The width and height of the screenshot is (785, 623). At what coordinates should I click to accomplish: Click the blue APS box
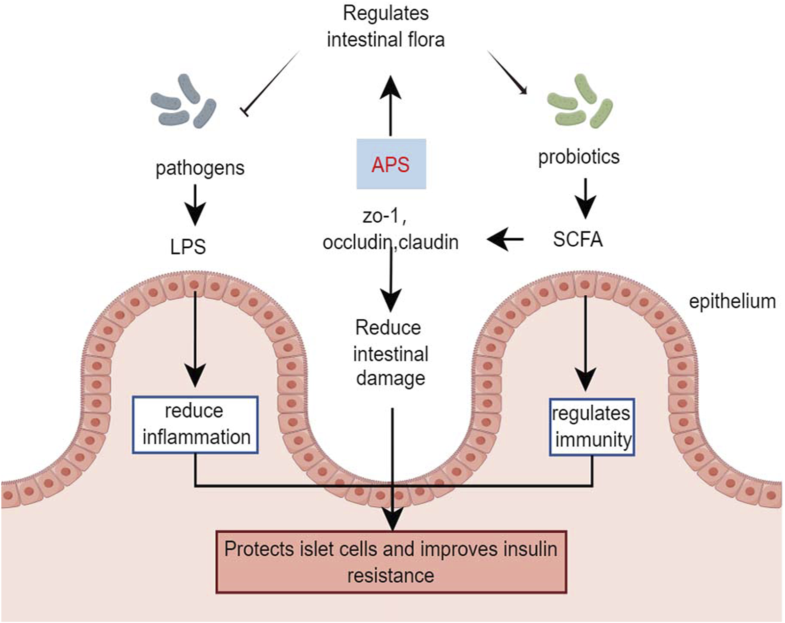tap(392, 164)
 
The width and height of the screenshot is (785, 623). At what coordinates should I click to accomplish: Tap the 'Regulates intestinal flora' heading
tap(386, 26)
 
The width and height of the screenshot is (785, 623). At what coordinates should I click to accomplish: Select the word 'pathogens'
tap(200, 169)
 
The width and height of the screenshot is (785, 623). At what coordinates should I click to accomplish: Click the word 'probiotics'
tap(579, 157)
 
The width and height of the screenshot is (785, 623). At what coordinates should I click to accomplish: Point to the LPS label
tap(188, 247)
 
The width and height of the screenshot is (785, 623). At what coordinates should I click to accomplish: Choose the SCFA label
tap(578, 240)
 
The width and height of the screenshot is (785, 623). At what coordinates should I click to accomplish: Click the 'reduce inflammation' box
tap(196, 425)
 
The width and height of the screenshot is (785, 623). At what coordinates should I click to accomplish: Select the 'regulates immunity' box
tap(592, 427)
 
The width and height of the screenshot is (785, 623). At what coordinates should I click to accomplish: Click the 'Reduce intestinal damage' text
tap(391, 353)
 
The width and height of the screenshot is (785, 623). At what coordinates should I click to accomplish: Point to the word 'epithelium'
tap(733, 302)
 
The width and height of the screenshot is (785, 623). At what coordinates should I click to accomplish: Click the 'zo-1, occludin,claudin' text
tap(391, 230)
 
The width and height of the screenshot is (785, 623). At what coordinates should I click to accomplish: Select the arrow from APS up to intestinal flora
tap(391, 106)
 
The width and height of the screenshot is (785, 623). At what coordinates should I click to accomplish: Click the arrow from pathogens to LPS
tap(195, 206)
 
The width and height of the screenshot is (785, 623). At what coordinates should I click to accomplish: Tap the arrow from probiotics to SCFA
tap(585, 199)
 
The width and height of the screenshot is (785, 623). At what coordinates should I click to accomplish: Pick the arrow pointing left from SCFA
tap(505, 240)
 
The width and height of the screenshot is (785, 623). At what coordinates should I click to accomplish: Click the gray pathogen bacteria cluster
tap(183, 101)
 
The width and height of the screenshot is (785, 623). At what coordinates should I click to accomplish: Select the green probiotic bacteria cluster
tap(580, 101)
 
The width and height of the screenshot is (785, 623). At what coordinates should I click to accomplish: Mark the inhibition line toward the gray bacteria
tap(270, 83)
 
